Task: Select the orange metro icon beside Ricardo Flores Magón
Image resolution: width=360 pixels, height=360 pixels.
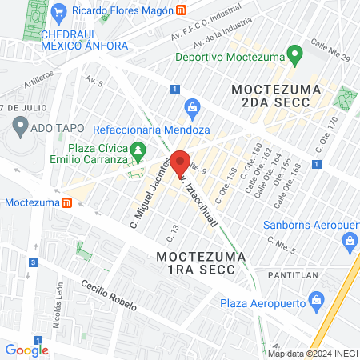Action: (182, 11)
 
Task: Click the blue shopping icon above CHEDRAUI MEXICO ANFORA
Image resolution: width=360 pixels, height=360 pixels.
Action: (58, 13)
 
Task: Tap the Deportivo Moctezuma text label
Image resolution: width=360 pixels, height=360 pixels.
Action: (232, 58)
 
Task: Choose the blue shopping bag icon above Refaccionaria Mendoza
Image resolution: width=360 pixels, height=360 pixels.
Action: (192, 106)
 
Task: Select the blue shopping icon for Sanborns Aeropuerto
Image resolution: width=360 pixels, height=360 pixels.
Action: (350, 241)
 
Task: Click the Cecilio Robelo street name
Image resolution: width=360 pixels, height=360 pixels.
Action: (109, 295)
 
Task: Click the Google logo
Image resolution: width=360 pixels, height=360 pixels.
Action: (26, 350)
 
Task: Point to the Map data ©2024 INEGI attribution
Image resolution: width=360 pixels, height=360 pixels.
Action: (313, 354)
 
